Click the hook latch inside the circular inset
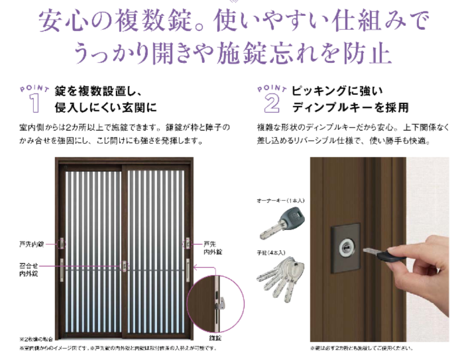(x=221, y=302)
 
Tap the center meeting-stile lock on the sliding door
(x=125, y=266)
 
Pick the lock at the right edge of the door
(x=186, y=244)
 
